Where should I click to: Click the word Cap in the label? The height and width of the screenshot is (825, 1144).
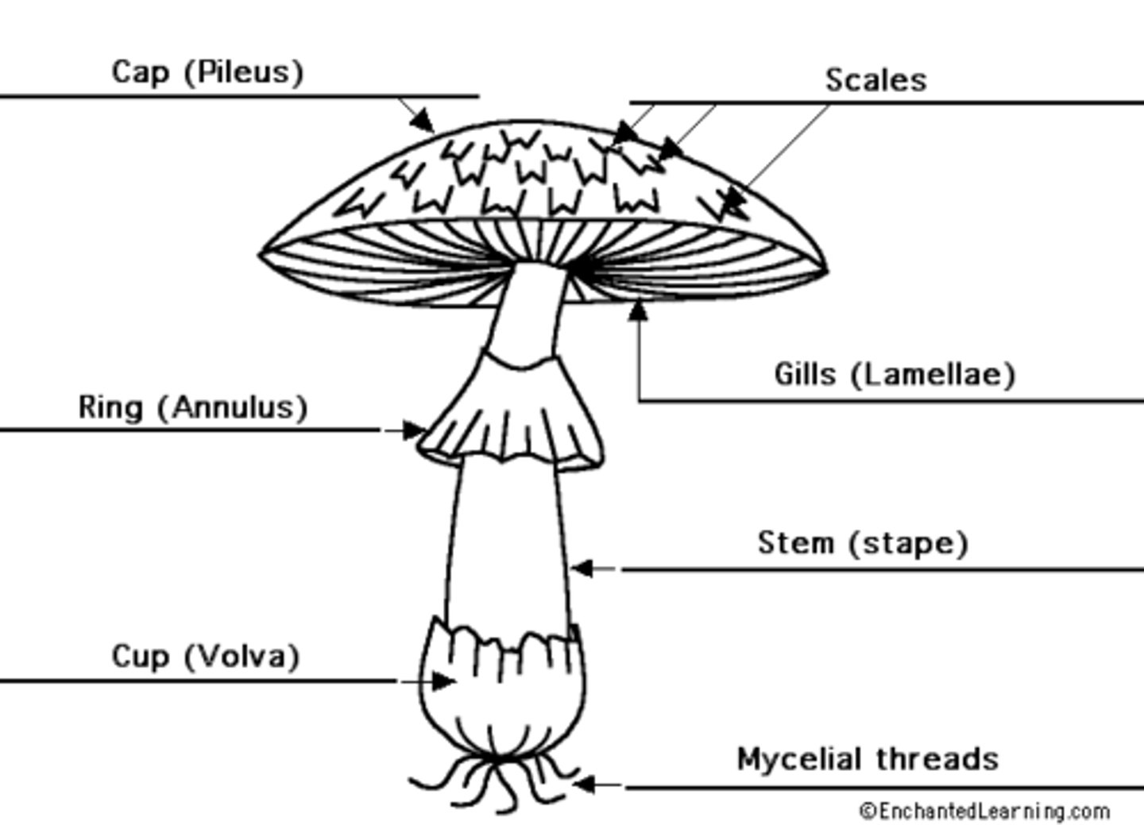pos(141,71)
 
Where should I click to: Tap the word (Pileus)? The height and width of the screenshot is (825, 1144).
pos(243,71)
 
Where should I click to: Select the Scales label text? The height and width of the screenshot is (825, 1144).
pos(875,79)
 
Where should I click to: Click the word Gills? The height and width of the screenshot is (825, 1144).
pos(805,373)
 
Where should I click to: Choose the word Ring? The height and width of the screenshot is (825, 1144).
pos(110,407)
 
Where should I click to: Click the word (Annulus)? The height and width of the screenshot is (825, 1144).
pos(232,407)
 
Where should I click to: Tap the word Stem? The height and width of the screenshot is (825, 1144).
pos(796,543)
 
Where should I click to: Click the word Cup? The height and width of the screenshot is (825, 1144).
pos(140,657)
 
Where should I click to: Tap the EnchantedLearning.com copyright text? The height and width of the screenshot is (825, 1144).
pos(985,812)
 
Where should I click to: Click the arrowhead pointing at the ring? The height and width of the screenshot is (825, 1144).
pos(415,430)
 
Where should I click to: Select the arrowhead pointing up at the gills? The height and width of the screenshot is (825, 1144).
pos(638,310)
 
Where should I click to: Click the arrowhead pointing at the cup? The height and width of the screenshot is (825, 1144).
pos(443,680)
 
